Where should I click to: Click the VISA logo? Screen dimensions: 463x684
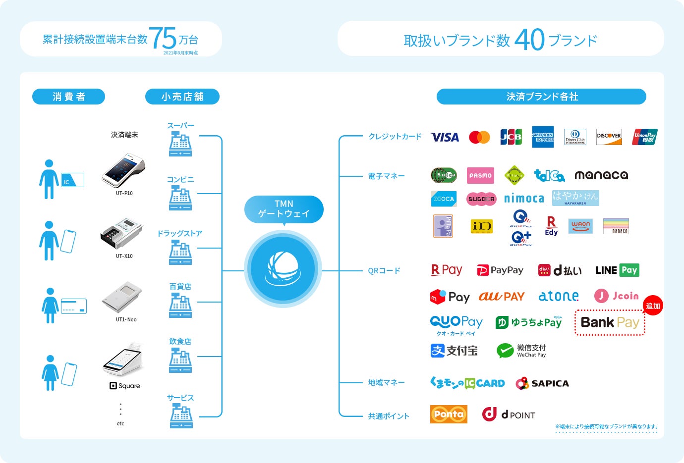445,137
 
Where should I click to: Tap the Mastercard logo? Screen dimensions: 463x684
479,137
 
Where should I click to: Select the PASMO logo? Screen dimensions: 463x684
480,175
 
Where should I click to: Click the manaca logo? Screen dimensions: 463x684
601,175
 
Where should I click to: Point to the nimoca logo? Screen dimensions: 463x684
524,199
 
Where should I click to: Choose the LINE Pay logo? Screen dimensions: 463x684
617,270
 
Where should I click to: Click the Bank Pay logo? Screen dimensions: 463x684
610,323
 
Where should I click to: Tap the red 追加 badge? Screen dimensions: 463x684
653,306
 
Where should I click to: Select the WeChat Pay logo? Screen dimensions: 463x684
521,351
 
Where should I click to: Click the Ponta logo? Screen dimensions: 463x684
449,414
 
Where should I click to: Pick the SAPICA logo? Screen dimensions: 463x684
542,383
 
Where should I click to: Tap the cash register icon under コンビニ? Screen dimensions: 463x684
180,198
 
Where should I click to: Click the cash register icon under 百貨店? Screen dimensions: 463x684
180,305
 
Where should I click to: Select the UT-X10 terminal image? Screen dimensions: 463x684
121,233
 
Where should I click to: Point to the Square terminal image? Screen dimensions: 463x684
123,360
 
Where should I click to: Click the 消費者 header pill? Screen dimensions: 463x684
68,97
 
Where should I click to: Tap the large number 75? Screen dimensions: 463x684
163,38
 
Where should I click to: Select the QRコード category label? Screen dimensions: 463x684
384,271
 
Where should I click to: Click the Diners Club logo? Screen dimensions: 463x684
575,137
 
